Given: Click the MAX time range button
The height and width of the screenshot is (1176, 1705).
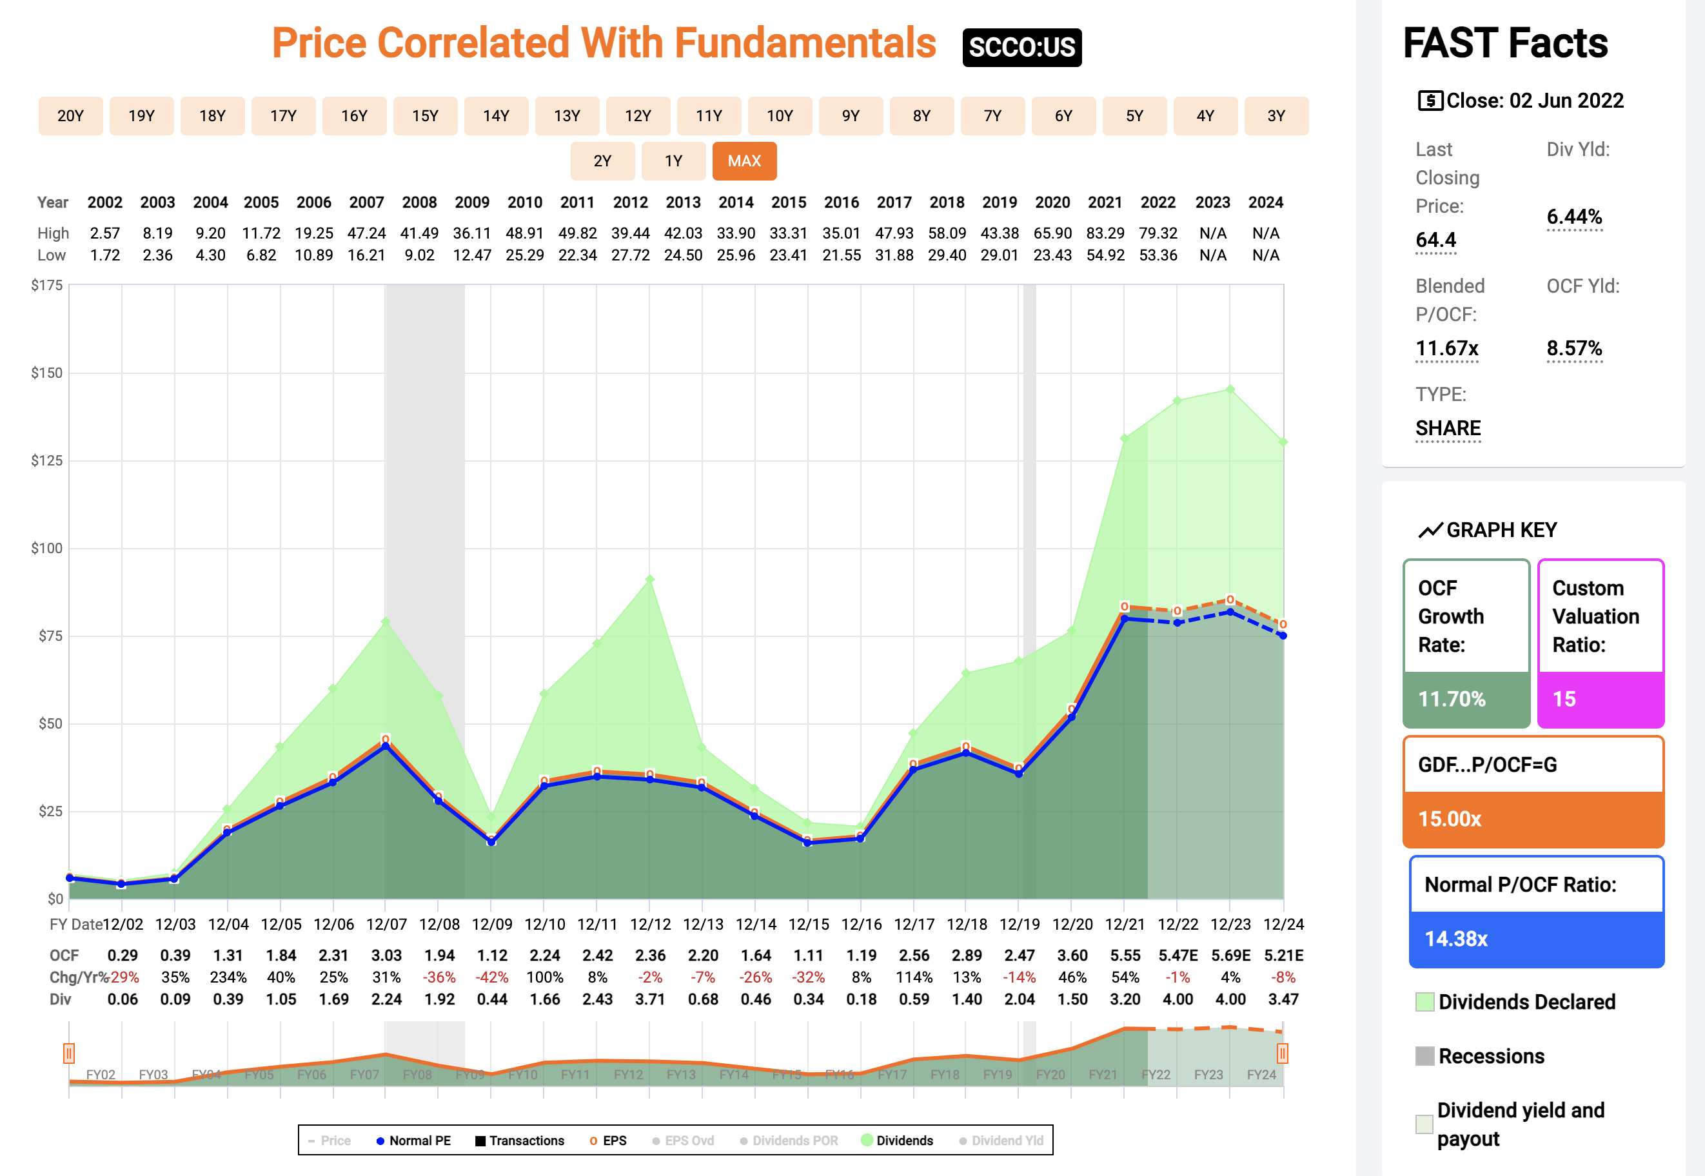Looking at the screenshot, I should tap(744, 161).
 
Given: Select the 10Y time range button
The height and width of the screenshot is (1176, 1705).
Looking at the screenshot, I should tap(780, 115).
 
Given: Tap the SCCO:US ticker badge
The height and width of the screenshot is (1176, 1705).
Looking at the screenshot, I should tap(1021, 47).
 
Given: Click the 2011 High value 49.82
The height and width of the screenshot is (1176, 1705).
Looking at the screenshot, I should tap(577, 233).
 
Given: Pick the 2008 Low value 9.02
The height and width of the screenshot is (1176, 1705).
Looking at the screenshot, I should tap(419, 255).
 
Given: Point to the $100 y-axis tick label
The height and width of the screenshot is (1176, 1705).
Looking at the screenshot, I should tap(46, 548).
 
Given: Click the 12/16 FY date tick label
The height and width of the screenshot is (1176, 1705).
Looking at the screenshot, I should tap(862, 924).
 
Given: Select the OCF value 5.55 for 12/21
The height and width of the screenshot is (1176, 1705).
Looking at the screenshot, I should tap(1125, 955).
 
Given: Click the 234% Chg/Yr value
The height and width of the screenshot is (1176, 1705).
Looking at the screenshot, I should tap(228, 977).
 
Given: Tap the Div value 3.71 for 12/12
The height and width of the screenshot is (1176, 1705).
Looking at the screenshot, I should tap(650, 999).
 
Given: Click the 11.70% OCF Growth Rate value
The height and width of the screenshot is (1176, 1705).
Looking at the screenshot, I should tap(1452, 698).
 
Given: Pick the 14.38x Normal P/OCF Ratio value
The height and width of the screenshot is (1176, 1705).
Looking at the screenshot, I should tap(1456, 939).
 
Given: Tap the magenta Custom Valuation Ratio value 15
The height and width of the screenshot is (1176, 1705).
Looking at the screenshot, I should tap(1564, 698).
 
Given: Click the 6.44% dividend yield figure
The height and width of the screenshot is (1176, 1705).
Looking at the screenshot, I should tap(1574, 217).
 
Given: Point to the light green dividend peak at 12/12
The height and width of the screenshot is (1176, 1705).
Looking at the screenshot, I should tap(649, 580).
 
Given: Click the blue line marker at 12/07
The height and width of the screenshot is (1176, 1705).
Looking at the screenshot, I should tap(386, 746).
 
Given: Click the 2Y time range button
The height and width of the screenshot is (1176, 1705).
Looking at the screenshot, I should tap(602, 161).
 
